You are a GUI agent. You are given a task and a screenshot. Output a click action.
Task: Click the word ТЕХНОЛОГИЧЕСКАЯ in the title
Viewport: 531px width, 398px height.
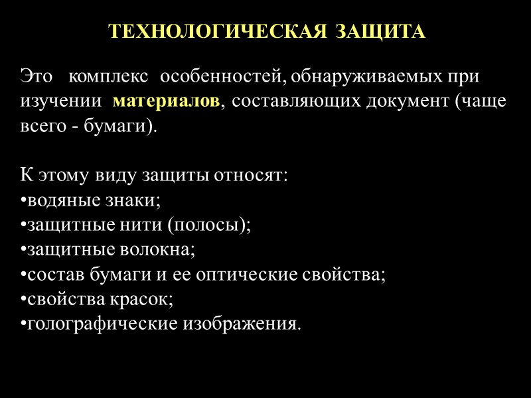217,32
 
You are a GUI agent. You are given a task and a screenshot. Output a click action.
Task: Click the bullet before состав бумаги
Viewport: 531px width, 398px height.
23,275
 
